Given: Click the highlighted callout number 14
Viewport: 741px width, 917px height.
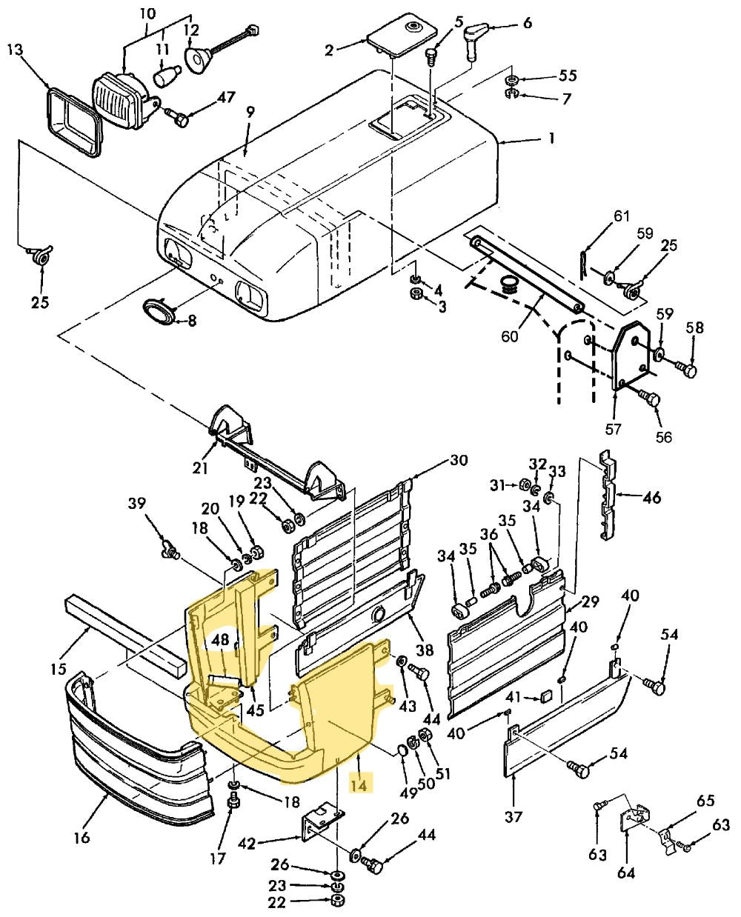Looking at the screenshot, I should click(x=359, y=783).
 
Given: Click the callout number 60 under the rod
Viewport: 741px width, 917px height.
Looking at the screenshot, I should click(x=509, y=337).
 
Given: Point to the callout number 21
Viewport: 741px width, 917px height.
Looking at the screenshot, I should click(x=200, y=467).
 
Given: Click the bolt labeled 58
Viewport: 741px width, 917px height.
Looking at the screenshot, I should click(x=687, y=368).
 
